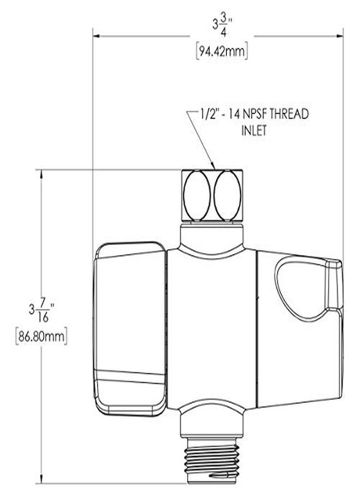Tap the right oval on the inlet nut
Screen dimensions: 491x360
pyautogui.click(x=226, y=195)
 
